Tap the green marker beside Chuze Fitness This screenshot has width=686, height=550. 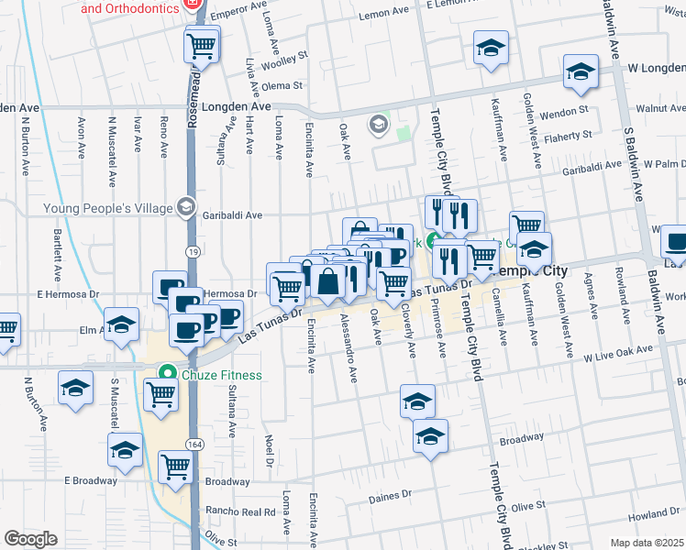(167, 374)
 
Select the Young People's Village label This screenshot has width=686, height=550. (108, 207)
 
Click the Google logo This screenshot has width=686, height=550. (30, 539)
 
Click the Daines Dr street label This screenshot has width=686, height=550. (390, 498)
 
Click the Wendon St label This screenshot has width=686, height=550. (563, 111)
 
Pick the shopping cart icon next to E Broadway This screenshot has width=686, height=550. (175, 466)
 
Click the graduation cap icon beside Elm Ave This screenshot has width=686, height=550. (121, 324)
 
